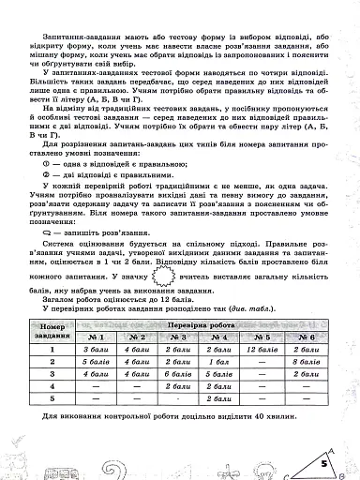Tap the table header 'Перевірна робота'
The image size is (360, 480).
(201, 322)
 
